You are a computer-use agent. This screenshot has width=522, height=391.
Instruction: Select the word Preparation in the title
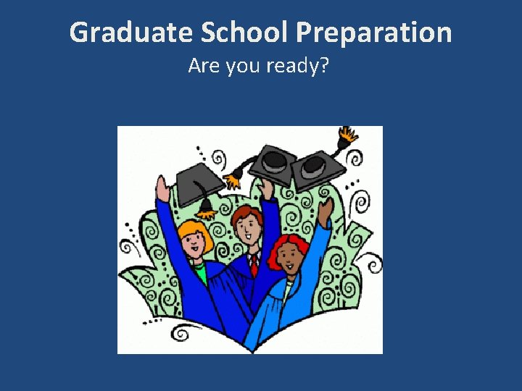click(x=374, y=33)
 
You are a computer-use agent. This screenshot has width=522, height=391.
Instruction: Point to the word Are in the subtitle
click(x=202, y=66)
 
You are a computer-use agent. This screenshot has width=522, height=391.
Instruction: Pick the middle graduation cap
click(x=274, y=161)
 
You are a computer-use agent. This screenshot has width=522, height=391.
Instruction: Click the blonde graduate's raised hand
click(x=164, y=189)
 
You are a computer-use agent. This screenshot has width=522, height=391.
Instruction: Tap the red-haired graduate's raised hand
click(x=328, y=210)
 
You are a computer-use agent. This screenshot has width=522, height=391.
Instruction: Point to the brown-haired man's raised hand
click(x=268, y=190)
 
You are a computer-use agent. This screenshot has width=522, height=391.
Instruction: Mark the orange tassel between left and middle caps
click(x=235, y=176)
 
